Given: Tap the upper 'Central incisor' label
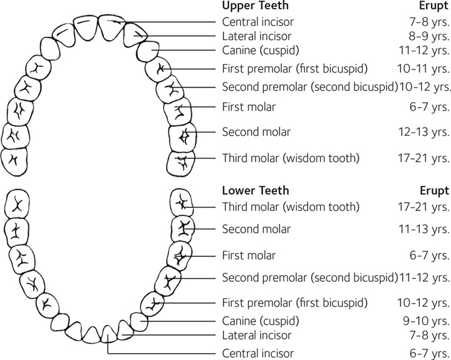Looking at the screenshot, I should pyautogui.click(x=254, y=21).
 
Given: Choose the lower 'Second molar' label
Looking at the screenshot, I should pyautogui.click(x=256, y=230).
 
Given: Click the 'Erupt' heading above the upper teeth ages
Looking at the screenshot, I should pyautogui.click(x=434, y=6).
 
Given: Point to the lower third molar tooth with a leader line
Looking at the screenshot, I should pyautogui.click(x=184, y=204).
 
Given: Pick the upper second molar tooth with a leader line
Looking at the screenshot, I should pyautogui.click(x=182, y=136).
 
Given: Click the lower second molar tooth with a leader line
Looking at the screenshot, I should pyautogui.click(x=183, y=230).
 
